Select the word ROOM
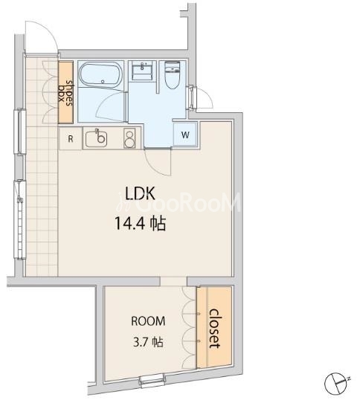pyautogui.click(x=148, y=321)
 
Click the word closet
pyautogui.click(x=214, y=329)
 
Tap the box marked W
pyautogui.click(x=184, y=134)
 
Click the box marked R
pyautogui.click(x=70, y=138)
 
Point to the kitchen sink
pyautogui.click(x=97, y=138)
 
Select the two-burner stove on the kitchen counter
pyautogui.click(x=129, y=138)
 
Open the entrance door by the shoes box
pyautogui.click(x=41, y=37)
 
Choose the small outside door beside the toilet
pyautogui.click(x=199, y=96)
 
